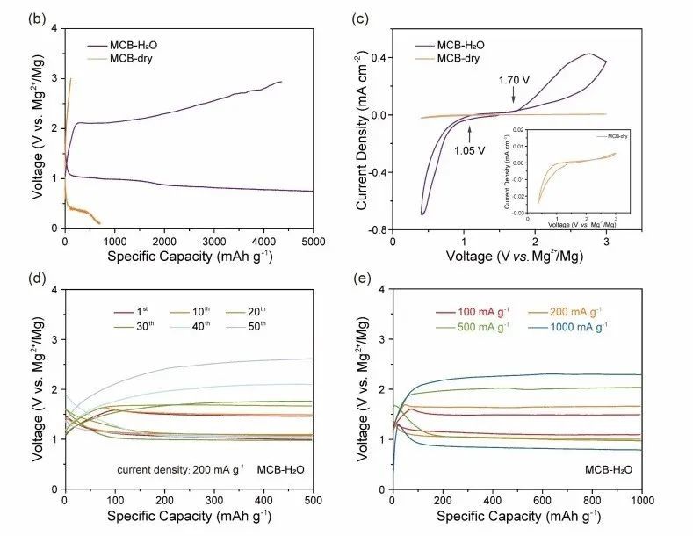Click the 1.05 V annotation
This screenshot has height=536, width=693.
(470, 148)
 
